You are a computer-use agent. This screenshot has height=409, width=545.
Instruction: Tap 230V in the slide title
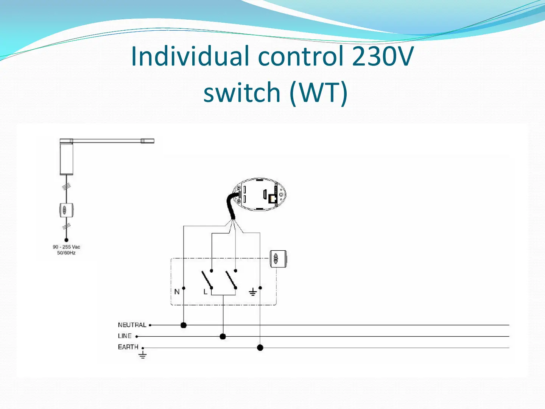383,56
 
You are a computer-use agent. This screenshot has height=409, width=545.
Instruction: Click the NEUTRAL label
132,325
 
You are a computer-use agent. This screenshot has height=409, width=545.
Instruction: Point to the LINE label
125,336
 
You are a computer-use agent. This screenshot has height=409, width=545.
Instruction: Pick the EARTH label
128,347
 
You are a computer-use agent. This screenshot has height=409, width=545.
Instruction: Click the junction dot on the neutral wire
184,325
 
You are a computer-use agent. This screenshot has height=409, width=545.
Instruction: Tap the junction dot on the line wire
223,336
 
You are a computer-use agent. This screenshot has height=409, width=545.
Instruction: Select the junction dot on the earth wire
260,347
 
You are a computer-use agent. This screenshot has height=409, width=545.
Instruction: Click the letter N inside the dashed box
177,292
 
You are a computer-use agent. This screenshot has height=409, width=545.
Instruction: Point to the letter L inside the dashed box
206,292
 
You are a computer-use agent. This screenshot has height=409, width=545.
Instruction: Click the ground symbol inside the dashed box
252,292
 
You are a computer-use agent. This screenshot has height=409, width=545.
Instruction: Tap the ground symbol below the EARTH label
143,355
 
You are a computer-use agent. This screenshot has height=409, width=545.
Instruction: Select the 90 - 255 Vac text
66,247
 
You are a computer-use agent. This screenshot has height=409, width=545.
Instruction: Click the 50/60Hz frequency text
66,253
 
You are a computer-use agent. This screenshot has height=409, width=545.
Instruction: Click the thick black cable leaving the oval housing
230,206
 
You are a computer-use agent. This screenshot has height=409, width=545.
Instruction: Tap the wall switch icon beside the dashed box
278,259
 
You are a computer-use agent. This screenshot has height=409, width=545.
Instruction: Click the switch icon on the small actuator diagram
66,210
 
